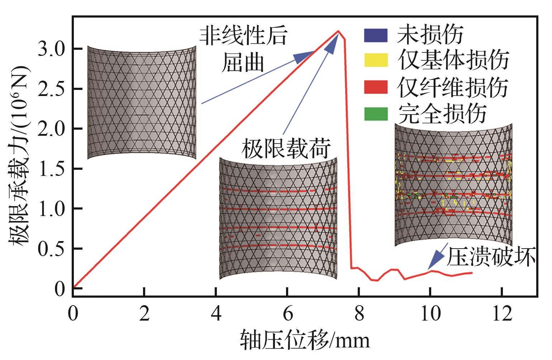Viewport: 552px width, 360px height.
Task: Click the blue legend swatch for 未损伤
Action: coord(376,35)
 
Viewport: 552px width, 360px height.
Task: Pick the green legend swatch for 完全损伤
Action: coord(376,114)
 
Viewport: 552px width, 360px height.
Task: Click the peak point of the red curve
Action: coord(338,31)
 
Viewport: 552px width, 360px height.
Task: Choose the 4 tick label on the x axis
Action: coord(216,314)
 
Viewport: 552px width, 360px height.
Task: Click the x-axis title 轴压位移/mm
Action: coord(305,340)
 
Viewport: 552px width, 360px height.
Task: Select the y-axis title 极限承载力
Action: coord(20,172)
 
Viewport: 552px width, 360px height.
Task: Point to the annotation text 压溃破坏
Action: coord(491,257)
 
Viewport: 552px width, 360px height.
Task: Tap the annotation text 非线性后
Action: coord(243,37)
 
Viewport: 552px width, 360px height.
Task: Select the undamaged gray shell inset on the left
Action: coord(142,102)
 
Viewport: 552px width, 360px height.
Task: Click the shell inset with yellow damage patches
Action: coord(453,184)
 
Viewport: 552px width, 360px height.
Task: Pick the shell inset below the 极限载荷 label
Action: coord(278,219)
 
